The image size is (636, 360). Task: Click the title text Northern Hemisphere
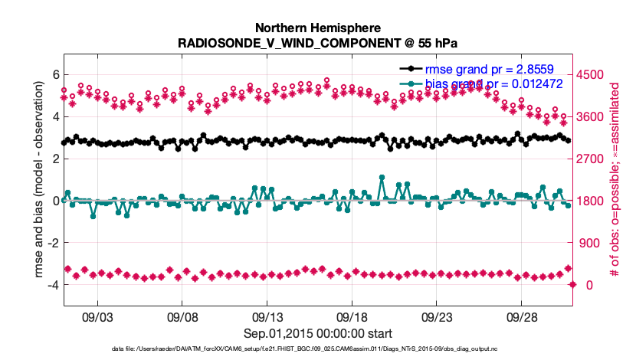tap(318, 27)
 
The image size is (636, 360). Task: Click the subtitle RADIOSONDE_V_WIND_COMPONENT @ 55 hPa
tap(318, 42)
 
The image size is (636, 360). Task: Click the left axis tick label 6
tap(55, 74)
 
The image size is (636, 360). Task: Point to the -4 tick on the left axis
tap(52, 285)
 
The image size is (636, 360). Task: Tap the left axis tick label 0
tap(55, 201)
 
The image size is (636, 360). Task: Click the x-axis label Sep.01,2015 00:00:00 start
tap(318, 333)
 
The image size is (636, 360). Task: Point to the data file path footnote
tap(318, 349)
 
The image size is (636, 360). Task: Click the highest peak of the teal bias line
tap(382, 177)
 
